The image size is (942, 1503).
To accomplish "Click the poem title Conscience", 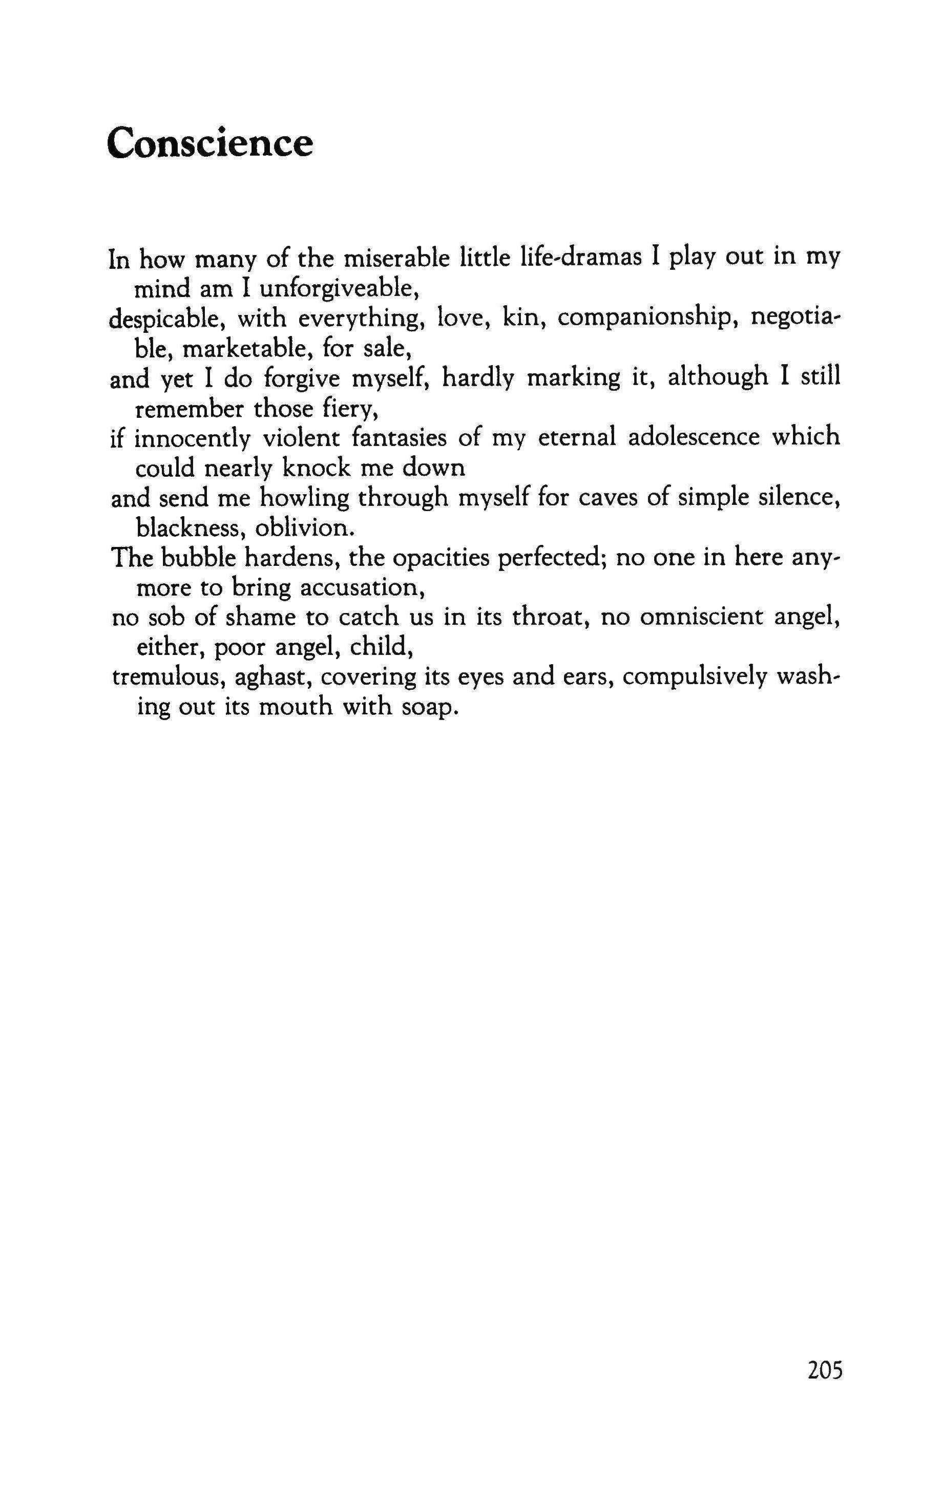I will pyautogui.click(x=210, y=143).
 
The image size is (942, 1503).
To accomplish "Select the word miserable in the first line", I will pyautogui.click(x=391, y=258).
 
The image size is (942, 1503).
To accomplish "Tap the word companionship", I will pyautogui.click(x=647, y=319).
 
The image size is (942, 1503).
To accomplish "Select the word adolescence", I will pyautogui.click(x=694, y=437).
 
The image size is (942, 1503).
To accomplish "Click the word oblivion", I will pyautogui.click(x=305, y=528).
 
